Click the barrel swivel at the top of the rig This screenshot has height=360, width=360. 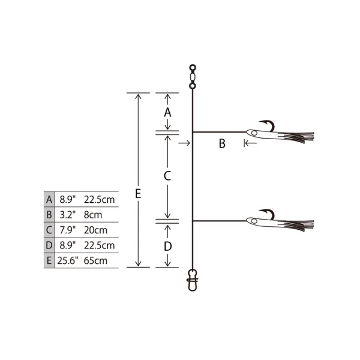click(x=193, y=77)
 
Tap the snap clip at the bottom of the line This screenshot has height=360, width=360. click(x=193, y=280)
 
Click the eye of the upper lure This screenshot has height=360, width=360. click(x=254, y=133)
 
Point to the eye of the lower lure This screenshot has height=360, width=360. click(x=254, y=221)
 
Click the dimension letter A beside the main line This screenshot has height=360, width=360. click(x=167, y=112)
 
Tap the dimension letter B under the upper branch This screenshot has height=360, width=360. click(x=222, y=143)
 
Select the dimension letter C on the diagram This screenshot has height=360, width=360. click(x=167, y=176)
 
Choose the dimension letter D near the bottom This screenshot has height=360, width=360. click(x=168, y=247)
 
